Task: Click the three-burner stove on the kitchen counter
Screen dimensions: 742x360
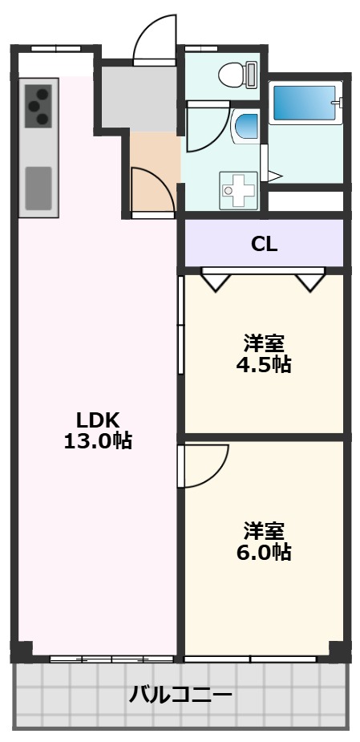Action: [x=38, y=106]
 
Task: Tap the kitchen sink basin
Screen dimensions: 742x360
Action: [x=38, y=186]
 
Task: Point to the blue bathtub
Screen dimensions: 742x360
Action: [x=304, y=103]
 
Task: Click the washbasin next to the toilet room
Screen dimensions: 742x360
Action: [x=245, y=127]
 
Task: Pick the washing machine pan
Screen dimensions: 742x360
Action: [x=238, y=191]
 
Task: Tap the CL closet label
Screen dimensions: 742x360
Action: [x=264, y=245]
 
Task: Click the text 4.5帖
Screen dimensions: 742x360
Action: [x=263, y=365]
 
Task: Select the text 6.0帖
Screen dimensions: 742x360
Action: [x=263, y=552]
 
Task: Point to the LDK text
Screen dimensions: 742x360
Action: [x=98, y=419]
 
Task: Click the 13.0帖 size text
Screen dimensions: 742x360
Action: [x=98, y=440]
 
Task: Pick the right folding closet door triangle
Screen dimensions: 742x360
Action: [x=309, y=281]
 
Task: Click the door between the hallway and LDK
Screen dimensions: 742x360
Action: [x=152, y=193]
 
